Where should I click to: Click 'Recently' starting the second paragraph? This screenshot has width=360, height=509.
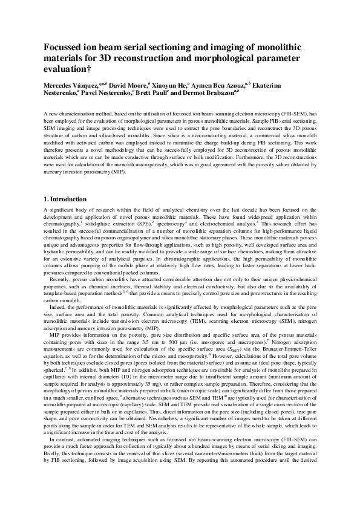(61, 281)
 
